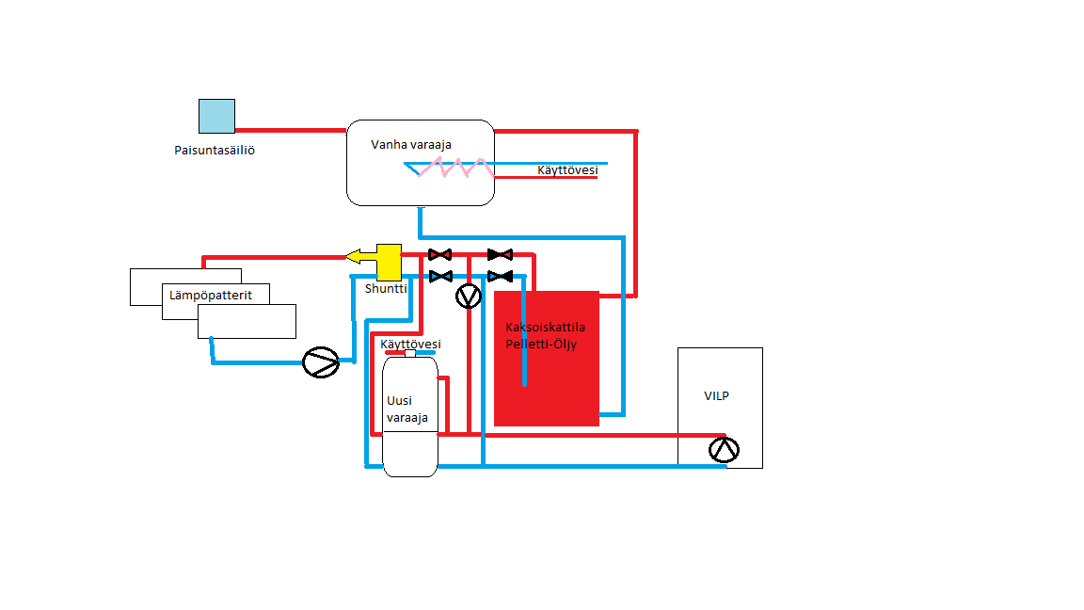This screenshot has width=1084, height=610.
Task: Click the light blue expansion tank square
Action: coord(216,116)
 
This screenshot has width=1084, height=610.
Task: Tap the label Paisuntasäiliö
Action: coord(215,151)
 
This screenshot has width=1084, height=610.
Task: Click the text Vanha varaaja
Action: coord(411,144)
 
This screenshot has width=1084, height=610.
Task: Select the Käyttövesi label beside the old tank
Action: coord(567,170)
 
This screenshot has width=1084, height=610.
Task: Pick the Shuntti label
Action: coord(386,289)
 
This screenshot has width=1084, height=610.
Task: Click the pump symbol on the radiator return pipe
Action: coord(321,362)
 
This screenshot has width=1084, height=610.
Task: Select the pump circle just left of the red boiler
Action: coord(468,297)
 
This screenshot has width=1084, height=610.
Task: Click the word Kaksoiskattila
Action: coord(545,327)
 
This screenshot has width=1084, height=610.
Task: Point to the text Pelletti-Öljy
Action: coord(541,343)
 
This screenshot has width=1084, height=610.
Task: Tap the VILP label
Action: coord(716,396)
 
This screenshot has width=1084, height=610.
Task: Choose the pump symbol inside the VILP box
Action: coord(724,450)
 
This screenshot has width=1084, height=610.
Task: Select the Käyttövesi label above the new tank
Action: coord(410,345)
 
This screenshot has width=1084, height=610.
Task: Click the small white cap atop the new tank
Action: coord(410,353)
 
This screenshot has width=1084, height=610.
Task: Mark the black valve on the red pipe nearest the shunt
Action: coord(439,254)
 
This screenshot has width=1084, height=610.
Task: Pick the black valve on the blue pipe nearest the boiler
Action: coord(500,276)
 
